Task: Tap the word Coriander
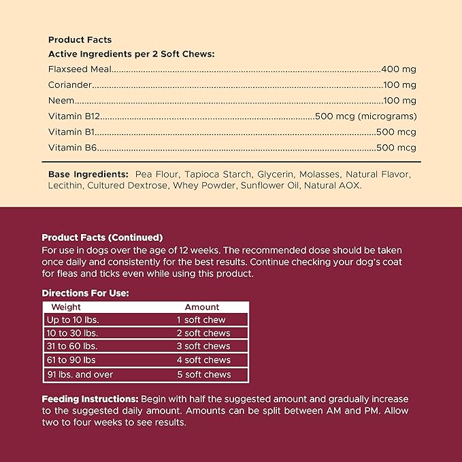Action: tap(69, 85)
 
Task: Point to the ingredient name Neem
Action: tap(60, 101)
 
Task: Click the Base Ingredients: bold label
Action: tap(88, 174)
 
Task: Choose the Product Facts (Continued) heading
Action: tap(102, 237)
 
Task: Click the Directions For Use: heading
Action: tap(85, 293)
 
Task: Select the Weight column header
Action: tap(66, 307)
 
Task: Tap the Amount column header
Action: tap(202, 307)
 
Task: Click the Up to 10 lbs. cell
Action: tap(69, 320)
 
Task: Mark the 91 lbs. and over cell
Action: tap(80, 374)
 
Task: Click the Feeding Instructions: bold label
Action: tap(90, 398)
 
